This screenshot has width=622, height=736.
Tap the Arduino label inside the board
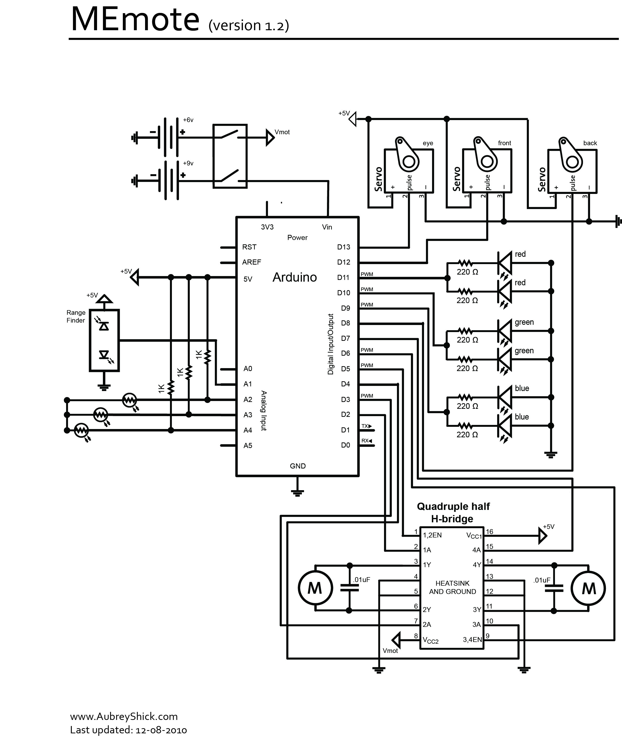(x=295, y=277)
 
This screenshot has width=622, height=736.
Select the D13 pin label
(x=344, y=247)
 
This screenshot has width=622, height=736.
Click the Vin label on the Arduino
(x=327, y=227)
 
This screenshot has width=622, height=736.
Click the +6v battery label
(x=188, y=120)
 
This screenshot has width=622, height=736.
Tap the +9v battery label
(x=188, y=163)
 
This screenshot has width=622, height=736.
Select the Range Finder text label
(x=76, y=316)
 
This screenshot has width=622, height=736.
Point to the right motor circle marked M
(x=588, y=588)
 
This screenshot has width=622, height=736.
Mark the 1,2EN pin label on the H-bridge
(x=432, y=535)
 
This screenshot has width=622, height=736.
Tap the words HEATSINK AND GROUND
(x=452, y=587)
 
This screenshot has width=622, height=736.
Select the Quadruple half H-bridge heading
(x=453, y=512)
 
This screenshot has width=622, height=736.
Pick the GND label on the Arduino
(x=298, y=466)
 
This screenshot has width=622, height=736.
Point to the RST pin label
(x=249, y=247)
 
